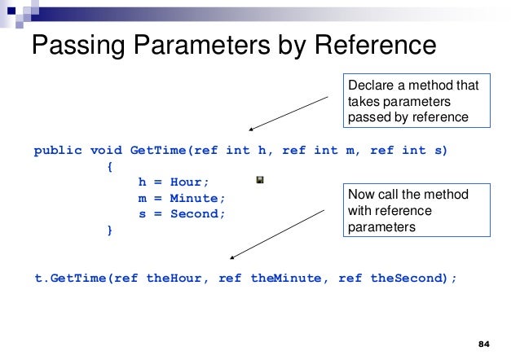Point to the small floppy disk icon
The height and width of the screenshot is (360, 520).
point(259,179)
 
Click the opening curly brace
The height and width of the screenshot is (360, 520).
point(110,166)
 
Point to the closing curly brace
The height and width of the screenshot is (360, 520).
point(110,230)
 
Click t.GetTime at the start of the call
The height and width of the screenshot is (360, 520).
point(70,278)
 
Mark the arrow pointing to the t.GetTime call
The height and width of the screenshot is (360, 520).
point(281,234)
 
